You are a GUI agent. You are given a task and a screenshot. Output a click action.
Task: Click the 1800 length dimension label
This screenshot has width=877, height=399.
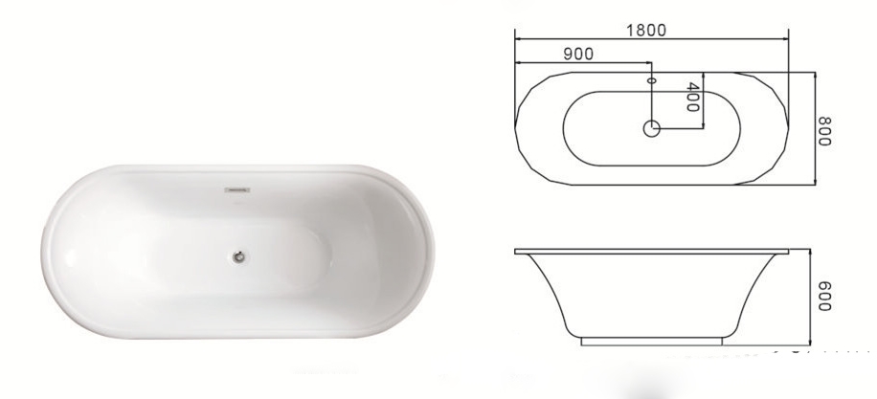pos(646,29)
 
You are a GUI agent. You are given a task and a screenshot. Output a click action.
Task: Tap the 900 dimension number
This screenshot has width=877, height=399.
pos(577,54)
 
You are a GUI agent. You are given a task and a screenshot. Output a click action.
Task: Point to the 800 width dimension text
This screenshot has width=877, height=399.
pos(823,127)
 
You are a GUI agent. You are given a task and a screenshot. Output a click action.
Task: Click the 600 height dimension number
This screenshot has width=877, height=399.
pos(823,297)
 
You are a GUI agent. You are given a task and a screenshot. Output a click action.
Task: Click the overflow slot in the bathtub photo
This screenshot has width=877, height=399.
pos(236,191)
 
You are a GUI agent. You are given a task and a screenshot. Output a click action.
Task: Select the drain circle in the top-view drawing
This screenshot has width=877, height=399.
pos(652,126)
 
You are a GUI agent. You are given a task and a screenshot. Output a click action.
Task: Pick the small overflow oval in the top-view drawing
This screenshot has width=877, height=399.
pos(651,82)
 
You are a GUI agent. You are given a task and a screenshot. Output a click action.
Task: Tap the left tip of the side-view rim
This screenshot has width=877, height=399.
pos(515,251)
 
